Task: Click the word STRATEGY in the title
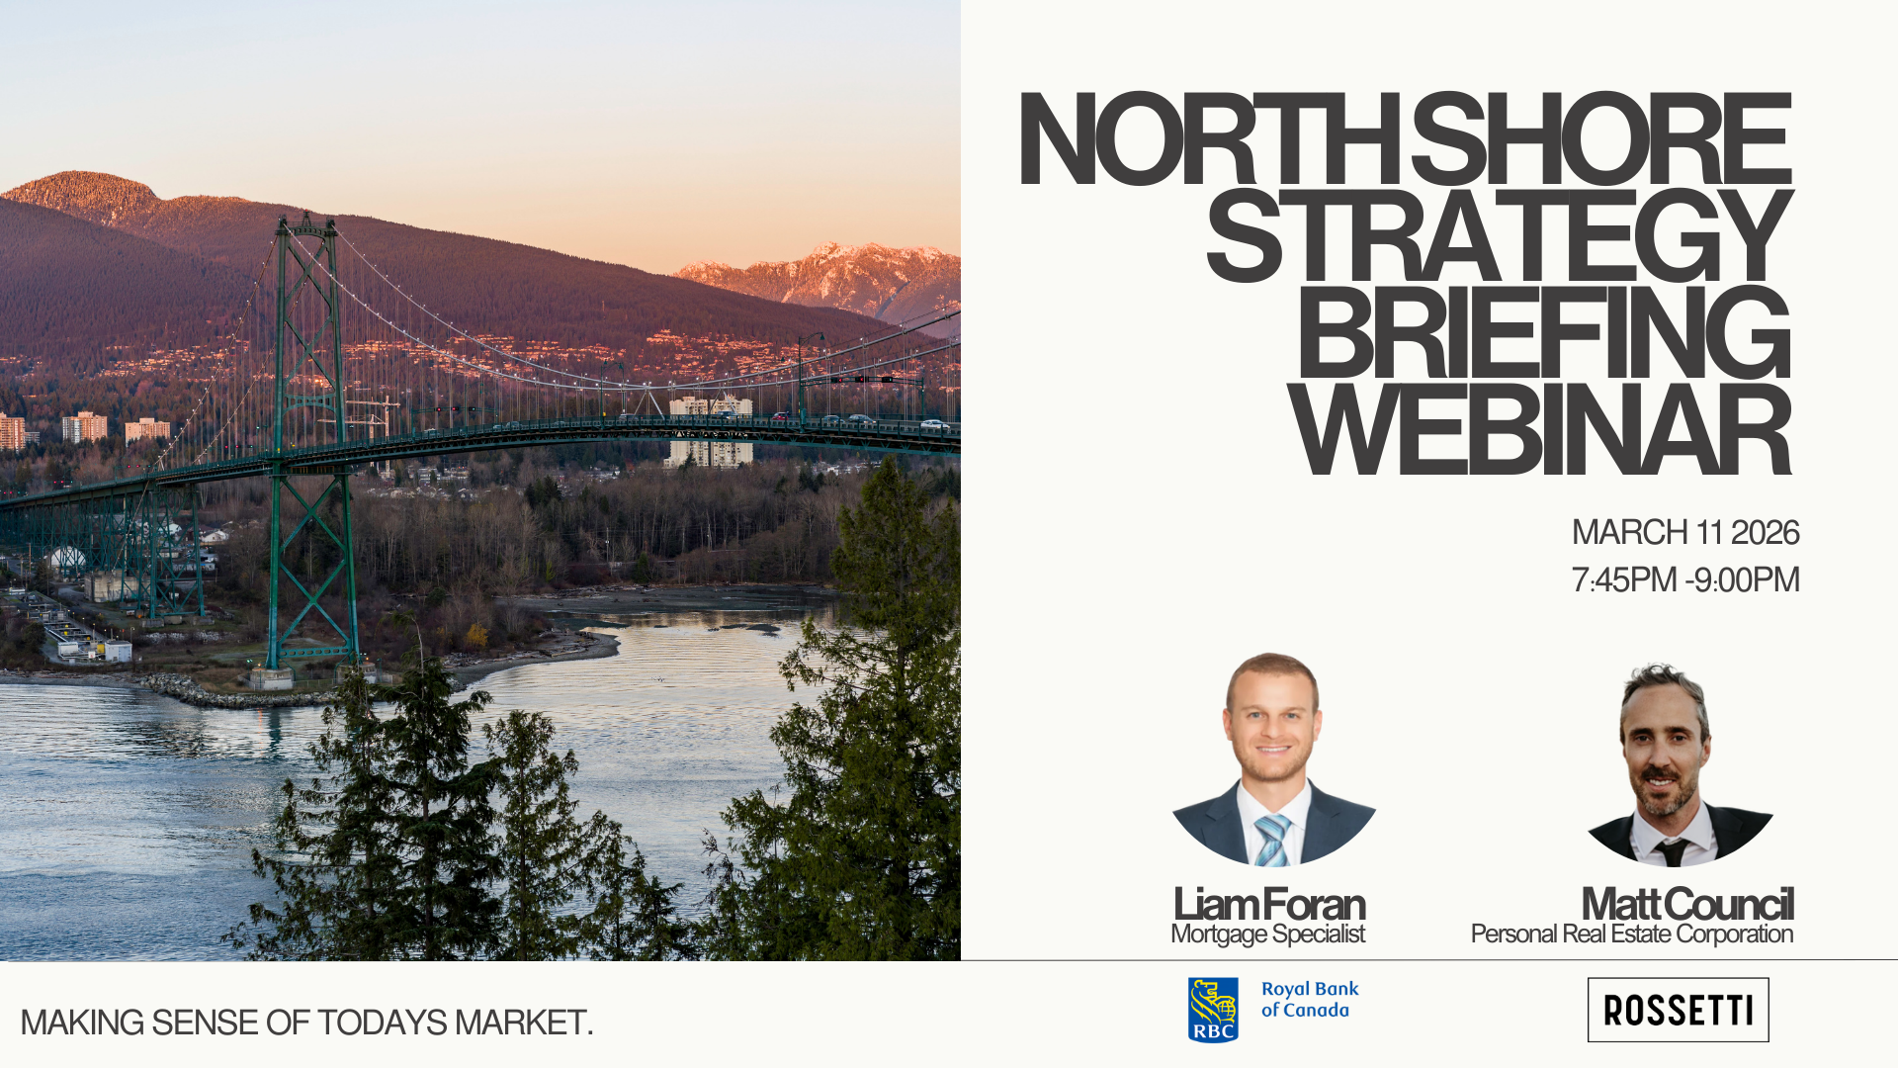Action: (1500, 235)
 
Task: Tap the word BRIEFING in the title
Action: (1544, 332)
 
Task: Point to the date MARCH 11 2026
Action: (1685, 532)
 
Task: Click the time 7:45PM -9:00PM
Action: (1685, 579)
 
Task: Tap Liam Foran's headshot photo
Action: (1273, 759)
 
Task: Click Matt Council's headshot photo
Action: (1678, 763)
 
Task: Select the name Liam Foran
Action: (1269, 904)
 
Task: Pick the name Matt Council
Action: (1687, 904)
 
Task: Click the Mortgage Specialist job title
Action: (1267, 934)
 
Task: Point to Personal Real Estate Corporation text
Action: (1632, 934)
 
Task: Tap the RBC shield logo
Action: (1213, 1010)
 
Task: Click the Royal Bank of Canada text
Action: (1310, 1000)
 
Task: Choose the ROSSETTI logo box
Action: (1678, 1010)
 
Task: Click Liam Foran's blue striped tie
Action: (1271, 840)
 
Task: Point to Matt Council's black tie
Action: (1673, 851)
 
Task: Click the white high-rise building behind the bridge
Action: (710, 431)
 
